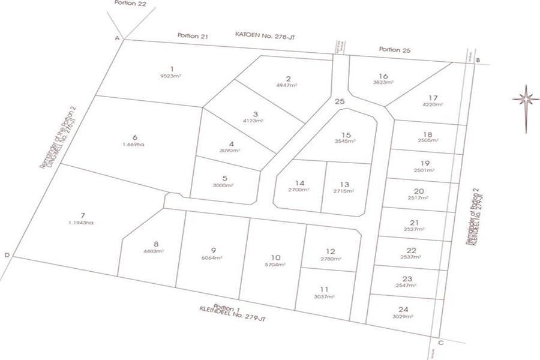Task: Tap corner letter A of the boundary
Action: pyautogui.click(x=117, y=38)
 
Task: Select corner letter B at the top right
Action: pyautogui.click(x=478, y=60)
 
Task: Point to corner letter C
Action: pyautogui.click(x=441, y=343)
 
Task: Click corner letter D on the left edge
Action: pyautogui.click(x=7, y=255)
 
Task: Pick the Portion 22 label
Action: pyautogui.click(x=130, y=3)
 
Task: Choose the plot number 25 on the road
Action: pyautogui.click(x=340, y=102)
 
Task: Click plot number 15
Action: pyautogui.click(x=345, y=134)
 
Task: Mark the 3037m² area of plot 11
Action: pyautogui.click(x=325, y=296)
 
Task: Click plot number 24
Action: pyautogui.click(x=403, y=310)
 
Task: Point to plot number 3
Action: pyautogui.click(x=255, y=114)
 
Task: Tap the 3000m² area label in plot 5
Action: pyautogui.click(x=224, y=185)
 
